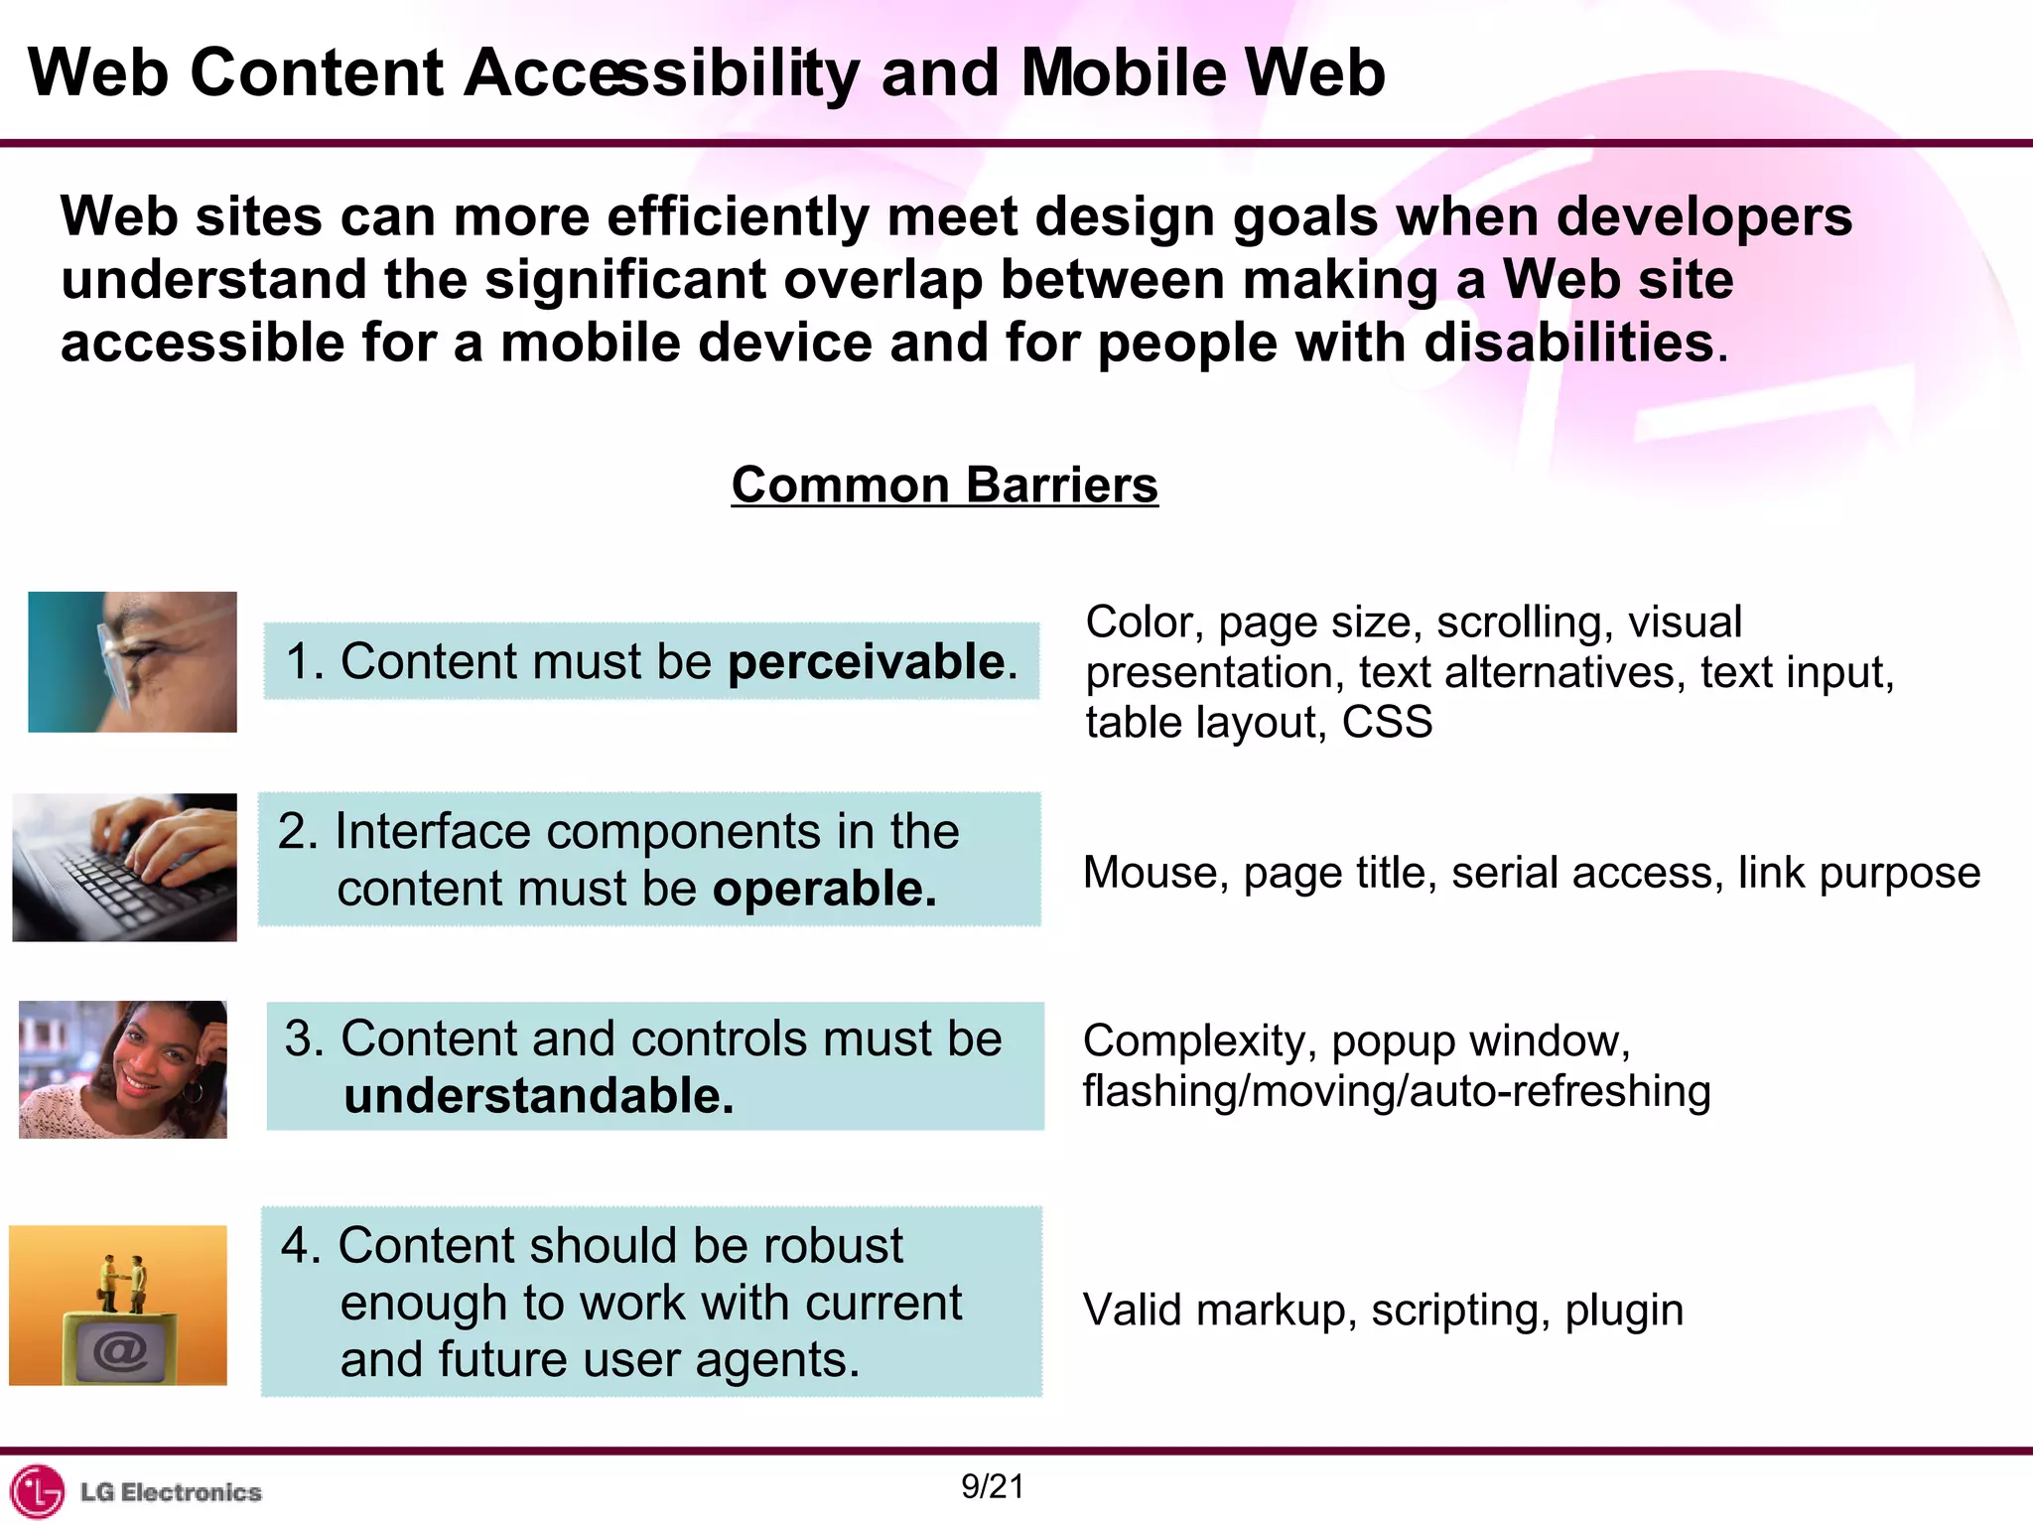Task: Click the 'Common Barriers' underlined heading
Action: coord(944,485)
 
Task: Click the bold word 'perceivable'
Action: coord(867,661)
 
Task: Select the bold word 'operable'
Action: coord(824,889)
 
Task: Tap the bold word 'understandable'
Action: coord(538,1096)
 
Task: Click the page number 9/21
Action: coord(993,1486)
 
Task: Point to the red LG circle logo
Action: coord(37,1491)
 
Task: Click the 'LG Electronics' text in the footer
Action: coord(171,1492)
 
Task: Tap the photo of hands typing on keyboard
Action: coord(125,867)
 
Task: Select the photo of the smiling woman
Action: coord(123,1069)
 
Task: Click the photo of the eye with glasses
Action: coord(132,661)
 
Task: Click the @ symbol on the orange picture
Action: coord(119,1350)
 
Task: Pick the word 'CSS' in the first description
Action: coord(1387,722)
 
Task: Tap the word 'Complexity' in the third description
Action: coord(1199,1041)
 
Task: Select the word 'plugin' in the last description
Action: coord(1624,1311)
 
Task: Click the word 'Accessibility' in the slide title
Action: coord(662,73)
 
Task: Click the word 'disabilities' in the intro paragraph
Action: coord(1568,344)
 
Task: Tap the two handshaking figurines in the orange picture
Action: coord(123,1283)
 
